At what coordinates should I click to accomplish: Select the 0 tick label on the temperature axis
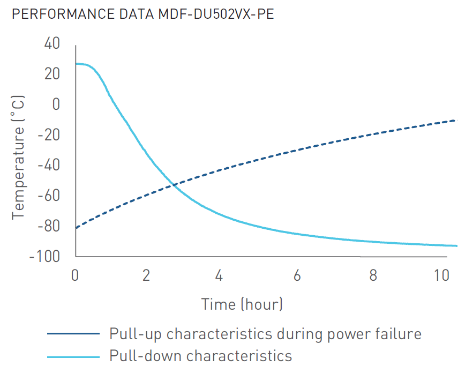click(55, 104)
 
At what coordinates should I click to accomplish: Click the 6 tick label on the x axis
click(296, 276)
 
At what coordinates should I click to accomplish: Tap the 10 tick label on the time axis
click(441, 276)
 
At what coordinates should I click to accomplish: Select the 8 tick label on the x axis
click(373, 276)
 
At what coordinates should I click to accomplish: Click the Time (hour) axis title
click(242, 304)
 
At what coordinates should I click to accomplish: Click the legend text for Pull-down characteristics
click(201, 356)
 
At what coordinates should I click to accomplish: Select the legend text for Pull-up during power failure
click(265, 334)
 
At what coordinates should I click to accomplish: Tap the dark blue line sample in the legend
click(73, 334)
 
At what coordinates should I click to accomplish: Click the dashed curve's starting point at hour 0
click(76, 228)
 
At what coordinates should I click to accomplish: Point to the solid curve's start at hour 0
click(76, 64)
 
